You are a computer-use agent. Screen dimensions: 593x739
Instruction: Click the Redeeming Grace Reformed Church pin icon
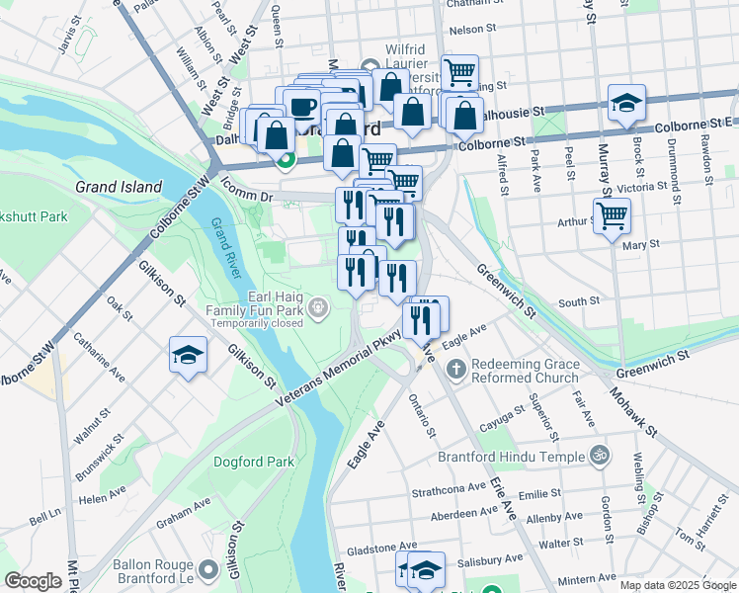455,369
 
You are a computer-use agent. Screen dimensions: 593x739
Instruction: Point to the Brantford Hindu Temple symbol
598,456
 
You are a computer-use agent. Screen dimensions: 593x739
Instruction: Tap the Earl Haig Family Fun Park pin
318,309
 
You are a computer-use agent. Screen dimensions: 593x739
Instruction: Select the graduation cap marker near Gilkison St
185,355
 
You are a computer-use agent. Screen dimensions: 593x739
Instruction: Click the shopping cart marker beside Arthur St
612,214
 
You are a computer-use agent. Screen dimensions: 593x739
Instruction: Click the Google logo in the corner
33,581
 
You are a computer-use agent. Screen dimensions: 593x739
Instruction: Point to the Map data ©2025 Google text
677,585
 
